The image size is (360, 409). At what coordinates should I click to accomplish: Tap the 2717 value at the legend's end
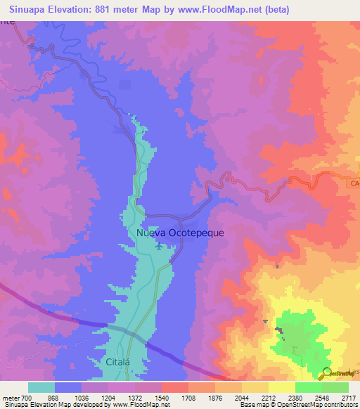click(349, 398)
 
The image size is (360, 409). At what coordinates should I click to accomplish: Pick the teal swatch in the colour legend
click(41, 387)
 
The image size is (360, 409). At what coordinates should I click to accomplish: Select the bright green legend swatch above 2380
click(308, 387)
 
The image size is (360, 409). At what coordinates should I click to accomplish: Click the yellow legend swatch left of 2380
click(281, 387)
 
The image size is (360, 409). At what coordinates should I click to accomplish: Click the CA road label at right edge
click(354, 183)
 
